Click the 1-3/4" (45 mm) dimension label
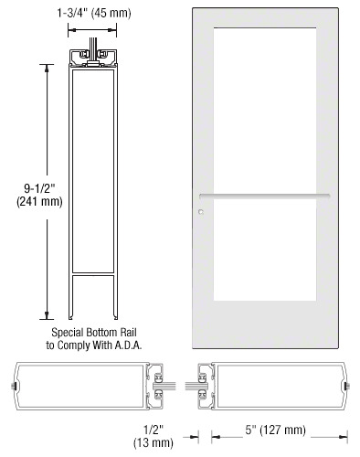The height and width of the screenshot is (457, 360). pyautogui.click(x=94, y=13)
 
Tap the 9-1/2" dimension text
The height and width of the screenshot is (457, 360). pyautogui.click(x=39, y=188)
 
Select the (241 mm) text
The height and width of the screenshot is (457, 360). pyautogui.click(x=39, y=202)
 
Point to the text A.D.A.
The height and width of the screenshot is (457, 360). pyautogui.click(x=128, y=345)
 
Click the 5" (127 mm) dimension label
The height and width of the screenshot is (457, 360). pyautogui.click(x=275, y=430)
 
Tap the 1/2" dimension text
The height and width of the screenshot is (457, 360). pyautogui.click(x=154, y=430)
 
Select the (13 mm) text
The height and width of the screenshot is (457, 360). pyautogui.click(x=154, y=442)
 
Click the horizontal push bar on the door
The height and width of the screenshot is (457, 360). pyautogui.click(x=264, y=197)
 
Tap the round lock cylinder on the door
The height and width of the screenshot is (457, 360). pyautogui.click(x=201, y=212)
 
